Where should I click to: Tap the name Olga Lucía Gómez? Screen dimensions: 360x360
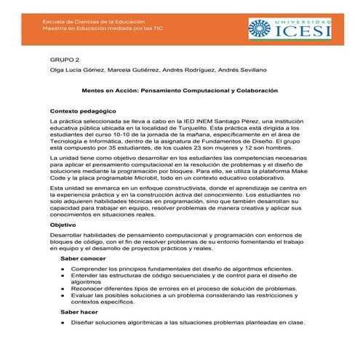tap(76, 70)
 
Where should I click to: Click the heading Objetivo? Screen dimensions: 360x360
tap(63, 225)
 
